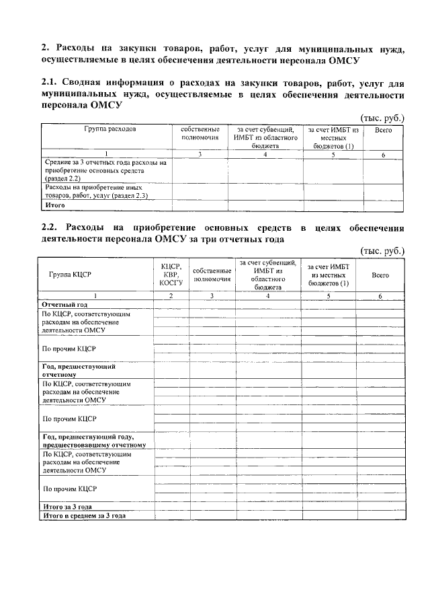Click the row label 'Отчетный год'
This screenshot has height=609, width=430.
pyautogui.click(x=65, y=304)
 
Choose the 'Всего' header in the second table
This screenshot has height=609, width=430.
pyautogui.click(x=380, y=275)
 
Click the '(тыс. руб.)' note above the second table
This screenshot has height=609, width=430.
pyautogui.click(x=383, y=251)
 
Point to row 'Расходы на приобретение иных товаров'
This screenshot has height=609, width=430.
pyautogui.click(x=96, y=191)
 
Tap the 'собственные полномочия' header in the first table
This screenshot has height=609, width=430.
pyautogui.click(x=200, y=133)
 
